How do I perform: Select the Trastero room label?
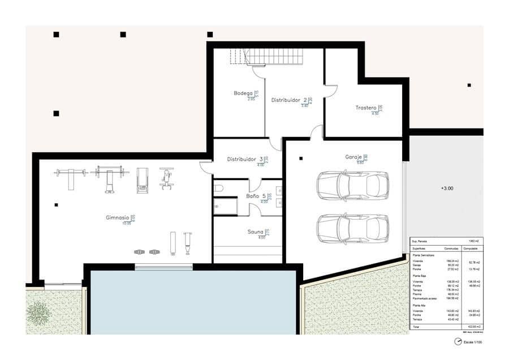pyautogui.click(x=366, y=108)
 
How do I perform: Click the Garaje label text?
pyautogui.click(x=354, y=157)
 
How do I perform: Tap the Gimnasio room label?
pyautogui.click(x=118, y=217)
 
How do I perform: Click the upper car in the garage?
pyautogui.click(x=352, y=185)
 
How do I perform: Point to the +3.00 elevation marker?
pyautogui.click(x=447, y=188)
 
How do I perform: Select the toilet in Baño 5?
pyautogui.click(x=219, y=188)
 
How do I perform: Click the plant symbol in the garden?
pyautogui.click(x=38, y=312)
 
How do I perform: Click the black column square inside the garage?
pyautogui.click(x=301, y=159)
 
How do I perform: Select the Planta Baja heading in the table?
pyautogui.click(x=419, y=276)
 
